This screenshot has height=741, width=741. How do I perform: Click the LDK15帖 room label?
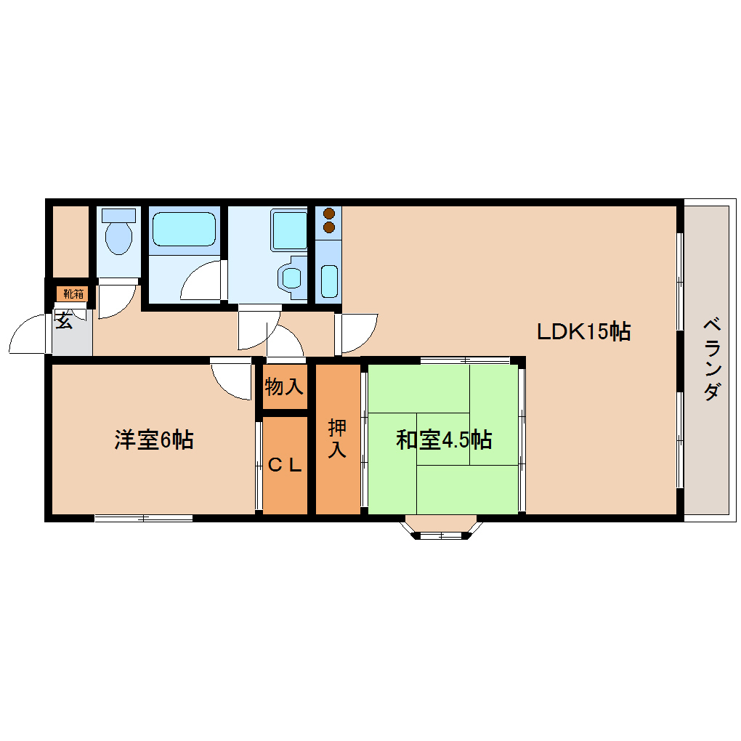(x=583, y=332)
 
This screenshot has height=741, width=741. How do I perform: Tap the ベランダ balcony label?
(x=712, y=359)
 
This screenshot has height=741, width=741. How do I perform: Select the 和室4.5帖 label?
(x=444, y=440)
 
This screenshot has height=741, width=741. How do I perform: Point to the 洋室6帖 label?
(x=153, y=440)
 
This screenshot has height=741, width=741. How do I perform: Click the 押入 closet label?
(x=337, y=438)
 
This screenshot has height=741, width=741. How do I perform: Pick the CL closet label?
(x=284, y=466)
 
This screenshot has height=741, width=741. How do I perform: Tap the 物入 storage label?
(x=284, y=386)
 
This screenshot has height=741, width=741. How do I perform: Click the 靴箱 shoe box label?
(x=73, y=293)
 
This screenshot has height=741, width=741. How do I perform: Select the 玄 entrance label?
(x=65, y=320)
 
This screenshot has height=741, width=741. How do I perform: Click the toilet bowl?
(x=118, y=237)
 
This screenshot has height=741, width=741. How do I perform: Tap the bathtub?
(x=184, y=230)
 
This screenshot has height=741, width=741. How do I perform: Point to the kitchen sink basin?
(x=329, y=281)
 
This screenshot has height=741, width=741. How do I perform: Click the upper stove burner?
(x=328, y=214)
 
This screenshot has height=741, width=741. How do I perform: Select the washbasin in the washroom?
(x=291, y=276)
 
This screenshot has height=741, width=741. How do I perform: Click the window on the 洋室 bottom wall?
(x=144, y=518)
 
